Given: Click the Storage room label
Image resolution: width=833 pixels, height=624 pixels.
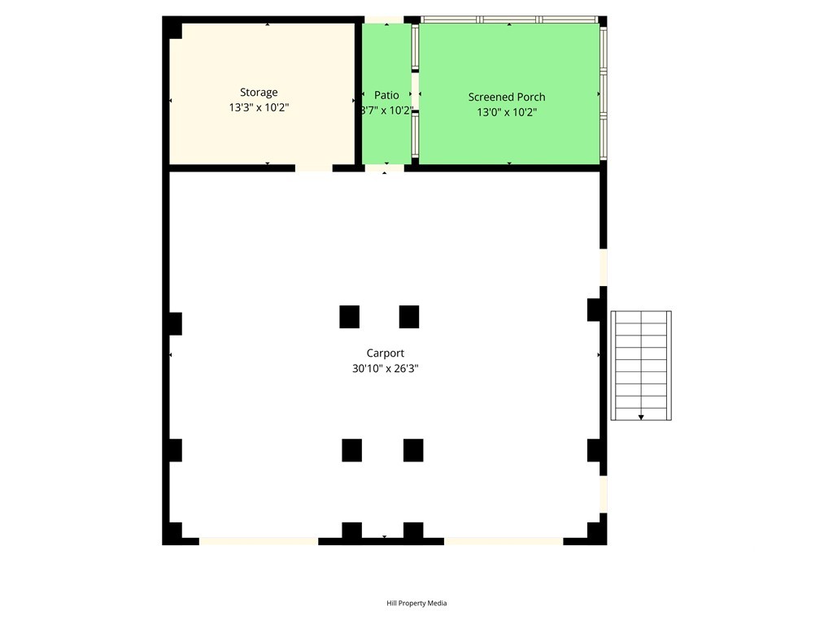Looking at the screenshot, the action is click(x=259, y=93).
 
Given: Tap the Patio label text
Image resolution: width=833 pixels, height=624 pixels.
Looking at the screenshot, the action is click(x=386, y=95).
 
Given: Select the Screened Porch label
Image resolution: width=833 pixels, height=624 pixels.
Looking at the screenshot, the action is click(x=506, y=97).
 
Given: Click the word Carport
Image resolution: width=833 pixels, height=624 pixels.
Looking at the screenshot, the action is click(x=385, y=353).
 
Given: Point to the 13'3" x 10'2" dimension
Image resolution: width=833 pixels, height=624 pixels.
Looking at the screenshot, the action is click(x=259, y=108).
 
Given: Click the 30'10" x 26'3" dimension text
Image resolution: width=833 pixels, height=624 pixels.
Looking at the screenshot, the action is click(x=385, y=368).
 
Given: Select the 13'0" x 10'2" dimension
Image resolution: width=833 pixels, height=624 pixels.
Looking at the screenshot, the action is click(x=507, y=112).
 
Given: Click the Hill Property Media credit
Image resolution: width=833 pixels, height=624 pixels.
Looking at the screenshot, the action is click(x=416, y=603).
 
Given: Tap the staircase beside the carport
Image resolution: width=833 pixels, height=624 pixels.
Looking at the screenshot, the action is click(x=641, y=366).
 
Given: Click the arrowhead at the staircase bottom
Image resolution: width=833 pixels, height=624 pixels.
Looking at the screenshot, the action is click(x=641, y=418).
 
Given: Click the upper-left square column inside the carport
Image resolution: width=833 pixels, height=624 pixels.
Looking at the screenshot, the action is click(x=349, y=317).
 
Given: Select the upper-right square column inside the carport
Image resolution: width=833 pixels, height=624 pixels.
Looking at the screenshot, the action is click(x=409, y=317).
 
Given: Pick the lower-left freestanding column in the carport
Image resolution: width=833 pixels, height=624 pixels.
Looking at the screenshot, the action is click(x=351, y=450).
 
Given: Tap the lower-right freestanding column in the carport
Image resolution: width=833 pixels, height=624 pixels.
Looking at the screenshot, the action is click(x=413, y=450).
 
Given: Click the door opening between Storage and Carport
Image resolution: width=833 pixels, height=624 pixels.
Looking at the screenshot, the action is click(x=314, y=168).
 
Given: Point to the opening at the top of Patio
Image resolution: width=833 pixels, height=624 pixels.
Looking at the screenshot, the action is click(x=384, y=19).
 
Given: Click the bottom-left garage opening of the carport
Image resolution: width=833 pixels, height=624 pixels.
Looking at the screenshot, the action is click(x=259, y=541).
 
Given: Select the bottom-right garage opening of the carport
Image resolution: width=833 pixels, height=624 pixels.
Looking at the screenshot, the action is click(x=504, y=541).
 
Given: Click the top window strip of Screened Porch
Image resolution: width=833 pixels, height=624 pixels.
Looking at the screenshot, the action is click(x=509, y=19).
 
